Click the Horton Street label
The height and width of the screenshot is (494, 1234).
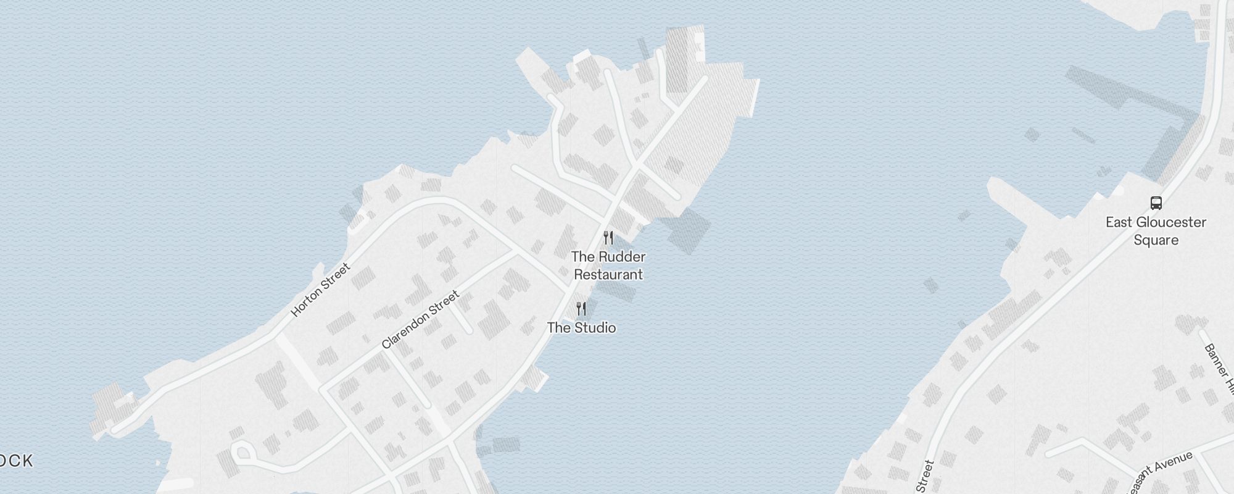click(320, 290)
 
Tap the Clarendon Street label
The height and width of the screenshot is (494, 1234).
click(420, 320)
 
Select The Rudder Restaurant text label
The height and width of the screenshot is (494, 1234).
click(608, 266)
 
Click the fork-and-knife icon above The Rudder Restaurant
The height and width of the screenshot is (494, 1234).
click(608, 238)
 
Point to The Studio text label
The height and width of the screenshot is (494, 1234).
click(581, 327)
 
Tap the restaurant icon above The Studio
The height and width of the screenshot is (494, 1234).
click(581, 309)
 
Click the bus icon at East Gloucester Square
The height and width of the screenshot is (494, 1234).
click(1156, 203)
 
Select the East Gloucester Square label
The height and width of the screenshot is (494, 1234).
click(1156, 231)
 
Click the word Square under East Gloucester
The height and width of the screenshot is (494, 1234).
click(1156, 240)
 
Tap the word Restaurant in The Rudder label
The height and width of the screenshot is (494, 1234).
click(608, 275)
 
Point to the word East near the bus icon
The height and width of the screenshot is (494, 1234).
click(1119, 222)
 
